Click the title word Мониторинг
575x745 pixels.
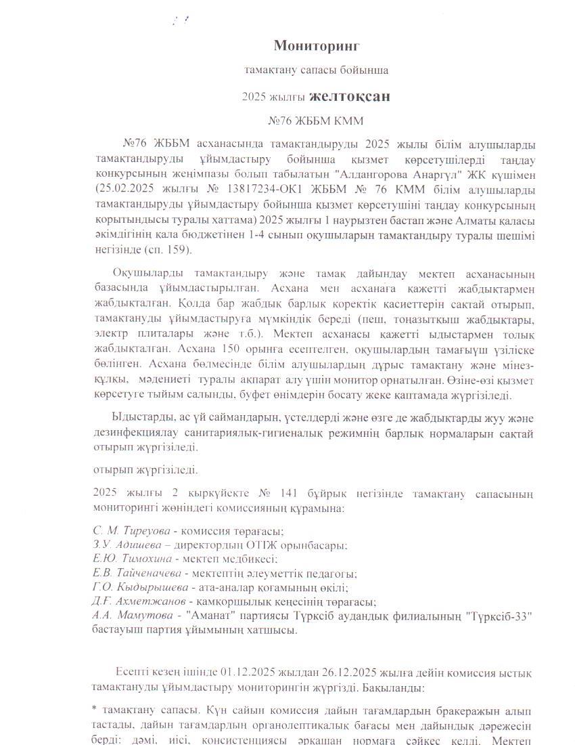pyautogui.click(x=316, y=45)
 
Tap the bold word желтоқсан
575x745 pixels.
pyautogui.click(x=349, y=96)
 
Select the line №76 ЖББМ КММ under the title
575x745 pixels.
pyautogui.click(x=316, y=121)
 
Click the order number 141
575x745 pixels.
pyautogui.click(x=288, y=494)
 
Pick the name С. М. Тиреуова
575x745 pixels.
pyautogui.click(x=131, y=531)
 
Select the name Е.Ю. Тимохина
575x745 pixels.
pyautogui.click(x=133, y=559)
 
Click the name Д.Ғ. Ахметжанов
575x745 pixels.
pyautogui.click(x=139, y=601)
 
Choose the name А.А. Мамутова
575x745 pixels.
pyautogui.click(x=133, y=616)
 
